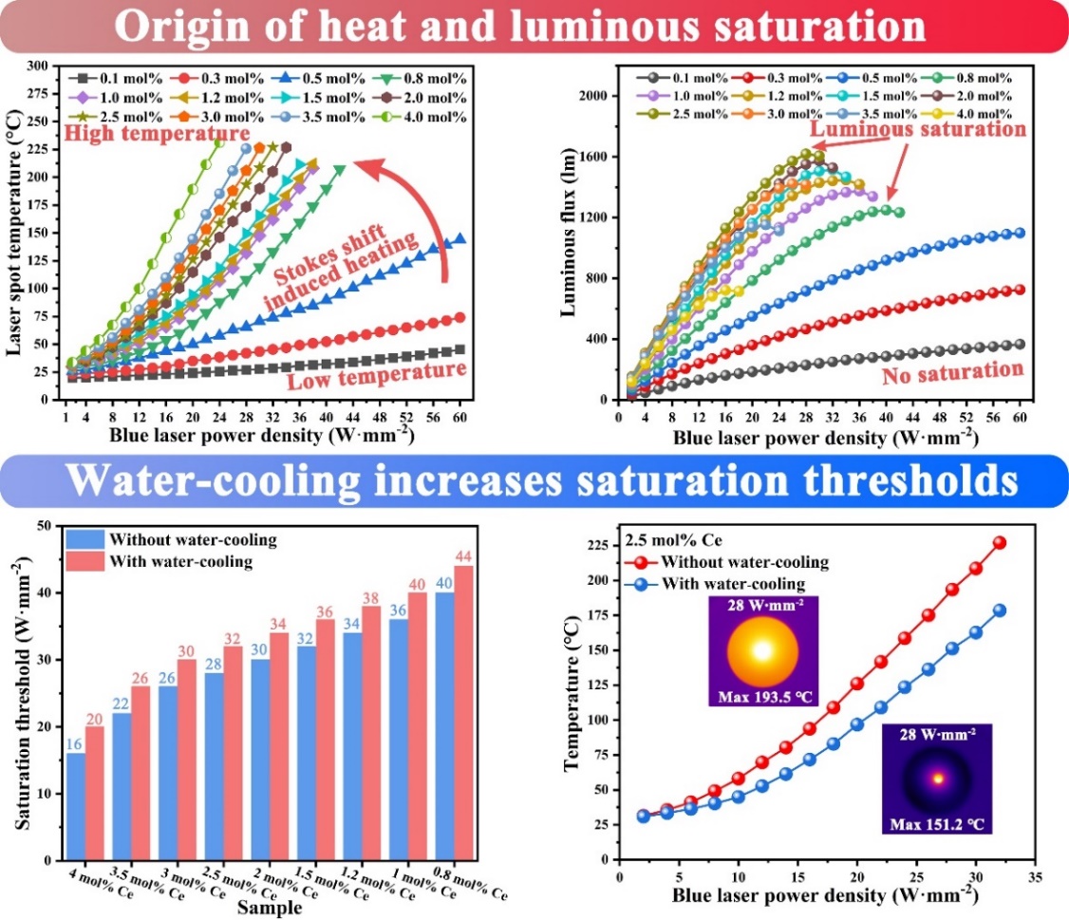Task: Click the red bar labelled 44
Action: pyautogui.click(x=463, y=713)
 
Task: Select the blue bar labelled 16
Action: pyautogui.click(x=76, y=806)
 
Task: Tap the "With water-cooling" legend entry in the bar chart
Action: pyautogui.click(x=171, y=561)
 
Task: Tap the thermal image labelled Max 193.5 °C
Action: pyautogui.click(x=762, y=651)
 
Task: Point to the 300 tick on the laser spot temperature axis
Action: pyautogui.click(x=41, y=66)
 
